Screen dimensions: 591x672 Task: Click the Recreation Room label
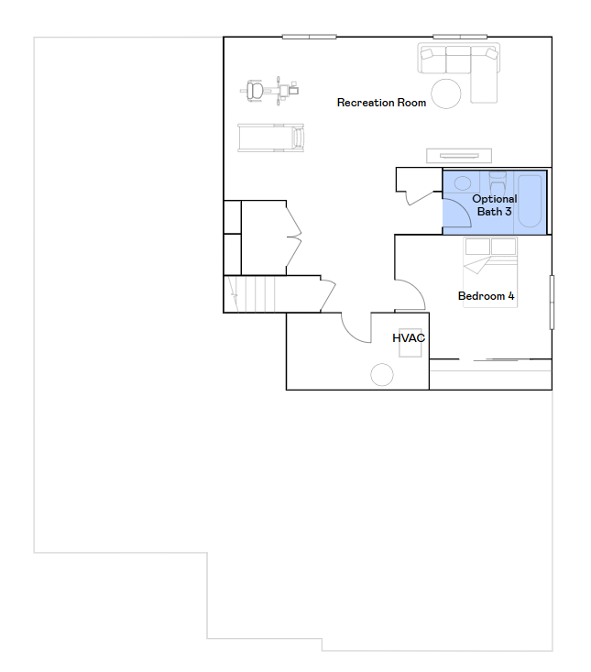click(x=381, y=103)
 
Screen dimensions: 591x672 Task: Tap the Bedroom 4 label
click(x=486, y=296)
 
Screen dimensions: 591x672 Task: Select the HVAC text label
click(x=409, y=338)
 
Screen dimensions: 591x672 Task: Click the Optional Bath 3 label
click(x=495, y=205)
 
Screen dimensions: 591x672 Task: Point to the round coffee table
click(x=446, y=94)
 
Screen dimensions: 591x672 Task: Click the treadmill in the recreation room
click(x=271, y=138)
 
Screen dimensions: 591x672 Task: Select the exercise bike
click(x=269, y=91)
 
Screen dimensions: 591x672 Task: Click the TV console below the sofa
click(x=459, y=156)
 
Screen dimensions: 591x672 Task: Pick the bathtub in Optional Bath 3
click(x=530, y=202)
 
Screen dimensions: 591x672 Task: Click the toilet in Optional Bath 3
click(x=498, y=182)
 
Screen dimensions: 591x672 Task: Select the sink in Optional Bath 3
click(x=463, y=184)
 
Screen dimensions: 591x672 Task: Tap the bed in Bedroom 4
click(x=490, y=272)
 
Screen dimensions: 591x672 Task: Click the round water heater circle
click(x=381, y=375)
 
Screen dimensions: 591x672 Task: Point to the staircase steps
click(x=250, y=294)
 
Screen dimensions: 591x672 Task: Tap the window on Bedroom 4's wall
click(x=552, y=303)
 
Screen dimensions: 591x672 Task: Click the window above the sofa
click(x=460, y=37)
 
